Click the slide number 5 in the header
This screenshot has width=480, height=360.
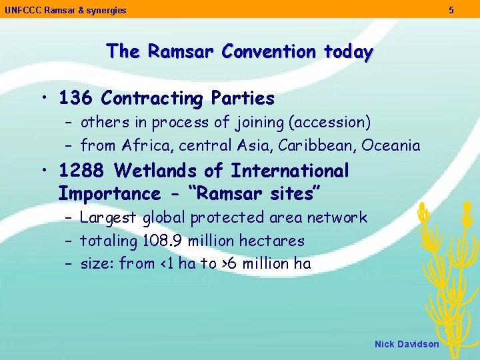(x=451, y=10)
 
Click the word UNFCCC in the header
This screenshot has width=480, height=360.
(x=21, y=11)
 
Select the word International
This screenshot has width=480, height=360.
(x=290, y=171)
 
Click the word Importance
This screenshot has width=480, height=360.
(x=109, y=194)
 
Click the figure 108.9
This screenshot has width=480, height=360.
(x=157, y=241)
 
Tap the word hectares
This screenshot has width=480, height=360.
(x=273, y=241)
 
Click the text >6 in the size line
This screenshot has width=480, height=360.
(x=227, y=264)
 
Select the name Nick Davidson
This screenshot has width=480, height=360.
(x=407, y=344)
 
